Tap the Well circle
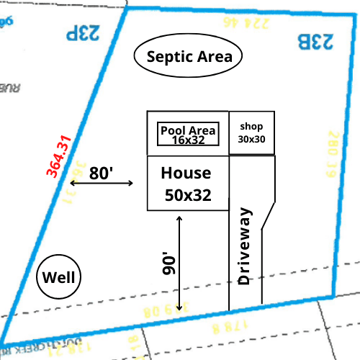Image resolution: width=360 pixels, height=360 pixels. (x=59, y=277)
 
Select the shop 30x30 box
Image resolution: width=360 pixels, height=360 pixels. (x=252, y=133)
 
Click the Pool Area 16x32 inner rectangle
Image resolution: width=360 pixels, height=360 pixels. (x=188, y=134)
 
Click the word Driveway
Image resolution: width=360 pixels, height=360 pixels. (x=245, y=246)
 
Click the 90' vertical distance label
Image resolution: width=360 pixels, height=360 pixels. (x=168, y=264)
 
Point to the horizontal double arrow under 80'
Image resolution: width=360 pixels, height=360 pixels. (x=102, y=184)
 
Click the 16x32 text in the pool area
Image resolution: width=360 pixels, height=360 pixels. (x=188, y=140)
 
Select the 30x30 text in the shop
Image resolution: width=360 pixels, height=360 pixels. (x=252, y=139)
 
